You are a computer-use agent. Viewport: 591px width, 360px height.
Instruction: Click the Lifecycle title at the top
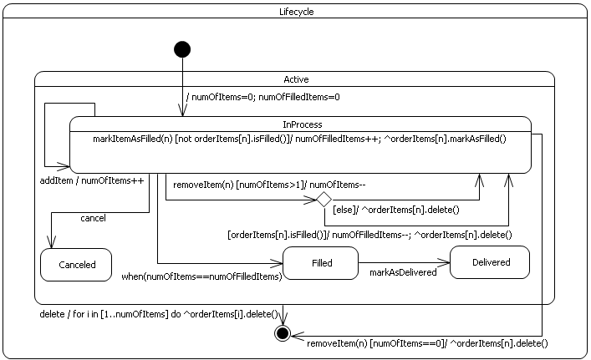pyautogui.click(x=296, y=12)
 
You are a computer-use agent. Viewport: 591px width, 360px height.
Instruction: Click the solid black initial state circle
pyautogui.click(x=182, y=49)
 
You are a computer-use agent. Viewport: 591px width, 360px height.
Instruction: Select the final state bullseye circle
pyautogui.click(x=283, y=334)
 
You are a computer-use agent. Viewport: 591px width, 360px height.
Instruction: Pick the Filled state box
pyautogui.click(x=321, y=263)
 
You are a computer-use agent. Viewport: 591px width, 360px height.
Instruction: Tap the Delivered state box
pyautogui.click(x=490, y=262)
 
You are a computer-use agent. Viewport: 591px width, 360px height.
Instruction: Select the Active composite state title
pyautogui.click(x=296, y=79)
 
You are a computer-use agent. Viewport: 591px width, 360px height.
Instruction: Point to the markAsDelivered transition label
pyautogui.click(x=403, y=272)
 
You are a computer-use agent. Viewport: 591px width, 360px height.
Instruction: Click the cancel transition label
pyautogui.click(x=93, y=218)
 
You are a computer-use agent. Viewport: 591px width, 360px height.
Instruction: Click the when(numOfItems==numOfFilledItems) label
pyautogui.click(x=201, y=276)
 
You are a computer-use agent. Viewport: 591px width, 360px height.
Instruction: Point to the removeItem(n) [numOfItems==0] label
pyautogui.click(x=426, y=343)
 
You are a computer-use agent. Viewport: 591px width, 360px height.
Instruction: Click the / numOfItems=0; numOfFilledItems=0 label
pyautogui.click(x=262, y=97)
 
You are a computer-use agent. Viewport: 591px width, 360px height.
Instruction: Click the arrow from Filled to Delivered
pyautogui.click(x=404, y=262)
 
